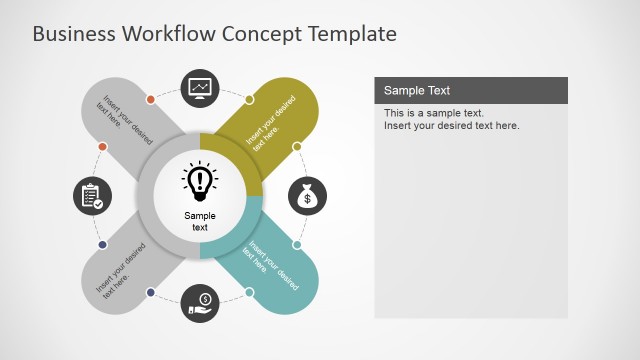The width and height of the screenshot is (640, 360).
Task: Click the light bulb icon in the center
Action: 200,181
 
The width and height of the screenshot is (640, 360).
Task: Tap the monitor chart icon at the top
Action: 200,88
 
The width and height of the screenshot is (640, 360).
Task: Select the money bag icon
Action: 308,196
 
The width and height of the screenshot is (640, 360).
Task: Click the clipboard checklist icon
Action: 92,196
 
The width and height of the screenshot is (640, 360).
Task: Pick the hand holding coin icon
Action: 200,302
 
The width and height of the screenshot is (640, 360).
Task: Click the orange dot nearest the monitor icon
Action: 151,100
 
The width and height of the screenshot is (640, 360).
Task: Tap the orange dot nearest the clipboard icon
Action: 102,146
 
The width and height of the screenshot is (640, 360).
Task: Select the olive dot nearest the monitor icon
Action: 249,100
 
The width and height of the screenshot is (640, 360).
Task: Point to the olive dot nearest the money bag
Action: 297,147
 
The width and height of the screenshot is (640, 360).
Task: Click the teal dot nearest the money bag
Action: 297,245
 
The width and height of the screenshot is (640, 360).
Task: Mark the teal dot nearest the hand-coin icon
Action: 250,293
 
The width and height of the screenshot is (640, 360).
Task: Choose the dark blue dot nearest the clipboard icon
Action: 102,245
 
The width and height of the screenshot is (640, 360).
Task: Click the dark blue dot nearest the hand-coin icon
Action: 151,293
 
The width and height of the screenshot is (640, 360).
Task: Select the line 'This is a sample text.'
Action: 434,113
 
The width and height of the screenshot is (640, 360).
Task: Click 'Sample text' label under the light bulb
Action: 200,221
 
